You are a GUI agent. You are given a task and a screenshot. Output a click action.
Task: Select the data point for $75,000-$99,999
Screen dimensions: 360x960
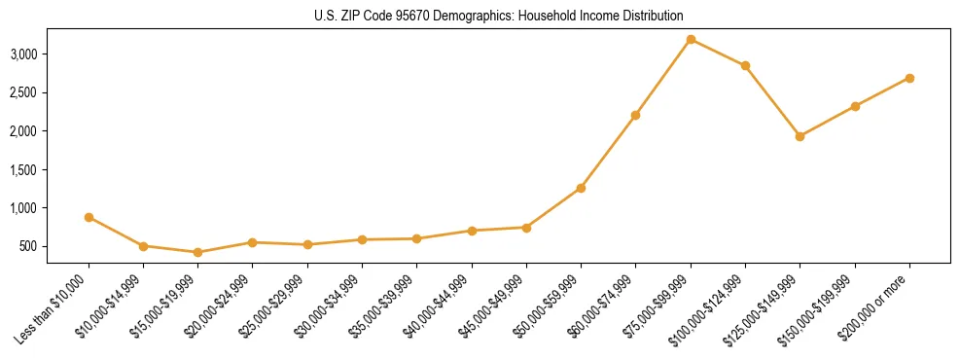click(x=691, y=39)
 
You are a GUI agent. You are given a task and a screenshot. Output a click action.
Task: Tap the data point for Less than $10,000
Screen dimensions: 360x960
click(x=89, y=217)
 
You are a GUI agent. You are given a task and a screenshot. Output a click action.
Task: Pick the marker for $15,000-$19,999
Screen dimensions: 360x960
click(x=198, y=252)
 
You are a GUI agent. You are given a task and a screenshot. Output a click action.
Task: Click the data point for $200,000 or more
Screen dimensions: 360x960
click(x=909, y=78)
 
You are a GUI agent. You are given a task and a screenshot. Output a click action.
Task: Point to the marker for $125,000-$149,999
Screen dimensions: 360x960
click(x=800, y=136)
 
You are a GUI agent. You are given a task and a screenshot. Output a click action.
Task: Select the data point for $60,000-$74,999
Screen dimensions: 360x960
click(x=635, y=115)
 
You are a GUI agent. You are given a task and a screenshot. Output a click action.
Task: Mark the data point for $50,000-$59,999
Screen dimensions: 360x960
click(x=581, y=188)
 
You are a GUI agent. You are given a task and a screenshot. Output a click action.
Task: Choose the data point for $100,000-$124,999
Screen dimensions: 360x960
click(x=745, y=65)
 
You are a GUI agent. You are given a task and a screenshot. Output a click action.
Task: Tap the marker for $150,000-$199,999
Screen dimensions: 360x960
click(x=855, y=106)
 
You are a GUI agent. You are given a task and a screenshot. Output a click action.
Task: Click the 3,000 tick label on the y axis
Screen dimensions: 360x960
click(x=51, y=54)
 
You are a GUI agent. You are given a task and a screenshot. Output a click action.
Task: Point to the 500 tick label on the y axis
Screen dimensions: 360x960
click(x=56, y=246)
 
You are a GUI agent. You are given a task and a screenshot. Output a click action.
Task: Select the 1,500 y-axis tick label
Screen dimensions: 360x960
click(x=51, y=169)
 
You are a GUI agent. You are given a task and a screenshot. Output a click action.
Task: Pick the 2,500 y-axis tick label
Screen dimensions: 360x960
click(x=51, y=92)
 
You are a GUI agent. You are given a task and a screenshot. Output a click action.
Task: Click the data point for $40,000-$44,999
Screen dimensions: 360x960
click(x=472, y=231)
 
